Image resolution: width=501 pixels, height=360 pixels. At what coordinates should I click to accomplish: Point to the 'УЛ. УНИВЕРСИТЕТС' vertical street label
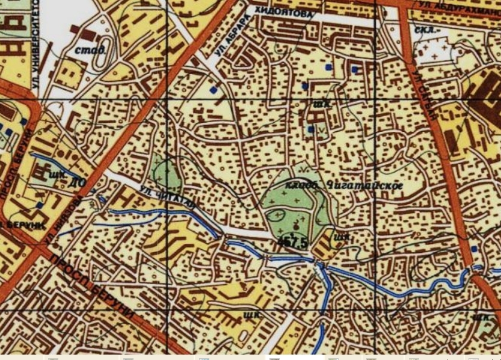34,45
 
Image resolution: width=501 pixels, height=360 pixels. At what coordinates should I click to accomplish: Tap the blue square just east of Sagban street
474,248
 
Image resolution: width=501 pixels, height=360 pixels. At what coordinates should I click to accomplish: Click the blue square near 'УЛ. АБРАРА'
213,89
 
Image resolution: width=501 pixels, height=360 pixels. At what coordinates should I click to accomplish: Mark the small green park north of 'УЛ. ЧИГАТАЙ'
165,175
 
